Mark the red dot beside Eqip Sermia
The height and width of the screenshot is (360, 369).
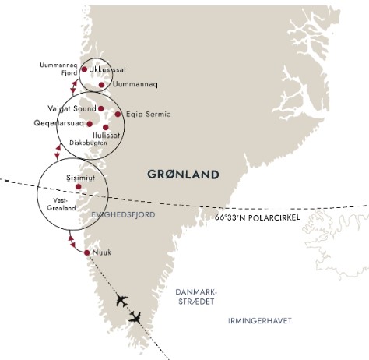coord(118,115)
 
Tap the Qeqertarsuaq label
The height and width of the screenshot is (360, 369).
coord(59,123)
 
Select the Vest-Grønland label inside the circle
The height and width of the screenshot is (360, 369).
coord(61,204)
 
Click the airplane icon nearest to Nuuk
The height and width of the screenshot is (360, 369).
coord(121,300)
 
